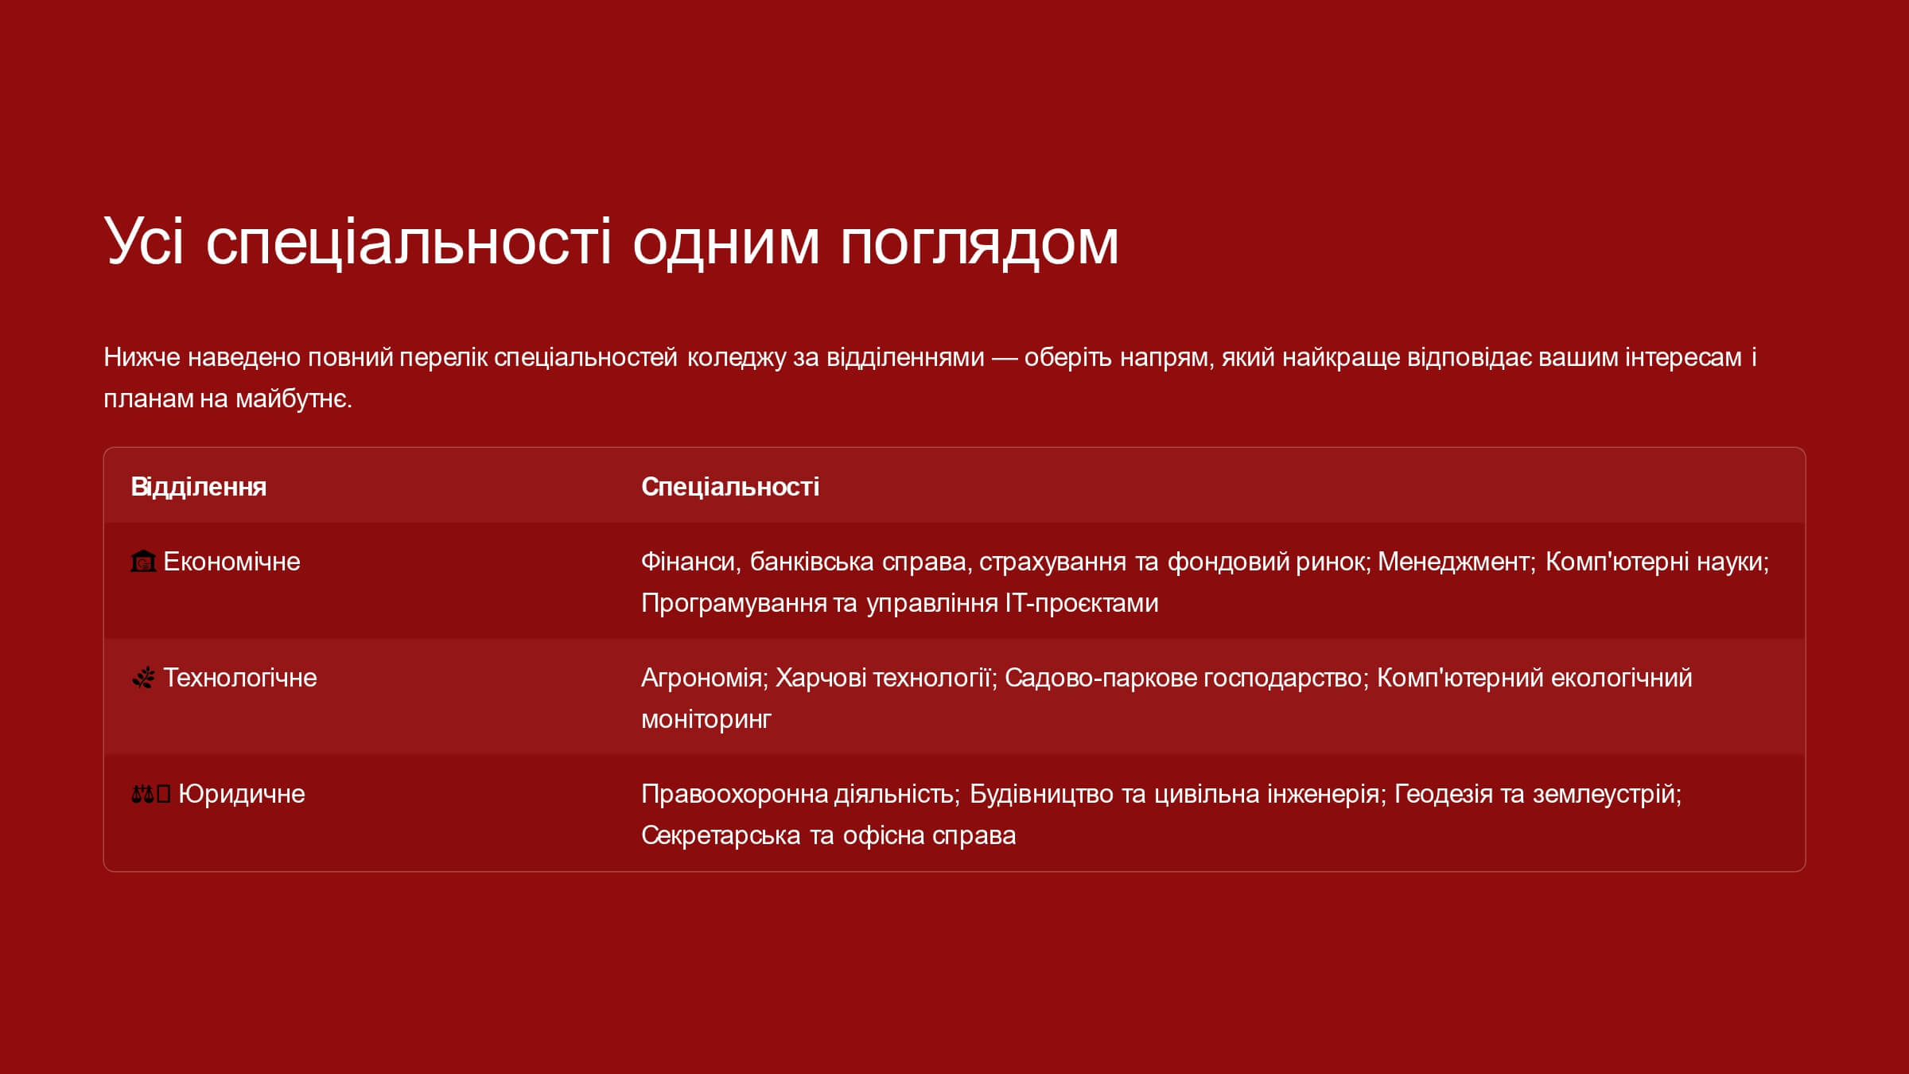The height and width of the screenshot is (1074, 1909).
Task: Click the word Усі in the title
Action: coord(144,240)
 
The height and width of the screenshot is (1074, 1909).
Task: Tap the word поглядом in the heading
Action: coord(979,243)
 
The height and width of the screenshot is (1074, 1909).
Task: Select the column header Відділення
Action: coord(199,486)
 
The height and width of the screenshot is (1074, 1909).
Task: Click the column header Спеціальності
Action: coord(730,486)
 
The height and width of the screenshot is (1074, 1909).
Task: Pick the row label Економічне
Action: coord(231,562)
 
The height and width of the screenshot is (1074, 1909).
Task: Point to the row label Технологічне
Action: coord(240,678)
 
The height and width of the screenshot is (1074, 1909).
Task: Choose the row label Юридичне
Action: coord(242,794)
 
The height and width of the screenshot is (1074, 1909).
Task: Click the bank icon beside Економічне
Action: coord(143,562)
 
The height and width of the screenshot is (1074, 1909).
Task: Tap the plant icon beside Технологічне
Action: coord(143,678)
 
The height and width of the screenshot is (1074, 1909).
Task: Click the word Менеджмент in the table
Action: coord(1453,562)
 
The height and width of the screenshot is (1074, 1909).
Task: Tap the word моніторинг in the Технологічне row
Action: coord(706,719)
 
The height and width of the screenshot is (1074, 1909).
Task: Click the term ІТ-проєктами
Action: coord(1082,603)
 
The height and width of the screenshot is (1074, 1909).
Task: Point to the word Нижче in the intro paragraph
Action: coord(142,357)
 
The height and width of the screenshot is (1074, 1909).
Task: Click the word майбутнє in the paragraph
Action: coord(294,399)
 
